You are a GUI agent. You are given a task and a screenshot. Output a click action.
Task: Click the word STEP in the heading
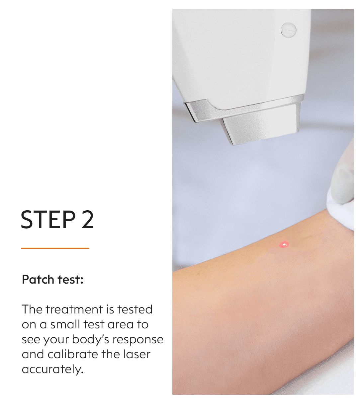point(48,219)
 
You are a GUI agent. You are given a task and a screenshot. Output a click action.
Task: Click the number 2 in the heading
point(87,219)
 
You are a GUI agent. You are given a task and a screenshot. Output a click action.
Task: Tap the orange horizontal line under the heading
point(55,248)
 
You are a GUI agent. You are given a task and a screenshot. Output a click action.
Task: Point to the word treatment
point(74,309)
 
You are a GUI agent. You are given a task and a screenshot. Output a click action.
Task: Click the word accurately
point(53,370)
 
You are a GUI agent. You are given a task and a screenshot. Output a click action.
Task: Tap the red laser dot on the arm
point(284,244)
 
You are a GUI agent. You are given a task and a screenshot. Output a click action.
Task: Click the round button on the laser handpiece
point(288,30)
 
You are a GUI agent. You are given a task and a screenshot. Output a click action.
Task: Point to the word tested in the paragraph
point(135,309)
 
